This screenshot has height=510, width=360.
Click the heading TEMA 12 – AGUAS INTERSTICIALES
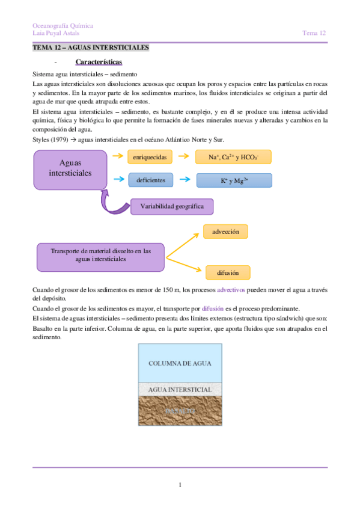pyautogui.click(x=90, y=48)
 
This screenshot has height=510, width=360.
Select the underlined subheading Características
pyautogui.click(x=99, y=62)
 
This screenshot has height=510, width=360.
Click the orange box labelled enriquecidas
pyautogui.click(x=150, y=157)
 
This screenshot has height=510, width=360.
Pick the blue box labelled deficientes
pyautogui.click(x=150, y=180)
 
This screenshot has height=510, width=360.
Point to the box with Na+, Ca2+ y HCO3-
pyautogui.click(x=234, y=157)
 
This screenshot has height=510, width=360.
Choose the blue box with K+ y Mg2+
pyautogui.click(x=234, y=180)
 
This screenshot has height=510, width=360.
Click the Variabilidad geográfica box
pyautogui.click(x=172, y=206)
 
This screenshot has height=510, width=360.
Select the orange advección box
pyautogui.click(x=225, y=232)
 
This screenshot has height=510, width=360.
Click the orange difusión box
pyautogui.click(x=223, y=272)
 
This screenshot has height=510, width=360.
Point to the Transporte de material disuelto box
pyautogui.click(x=100, y=255)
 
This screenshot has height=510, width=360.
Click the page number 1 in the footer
pyautogui.click(x=180, y=485)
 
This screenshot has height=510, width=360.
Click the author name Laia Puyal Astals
pyautogui.click(x=56, y=34)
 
